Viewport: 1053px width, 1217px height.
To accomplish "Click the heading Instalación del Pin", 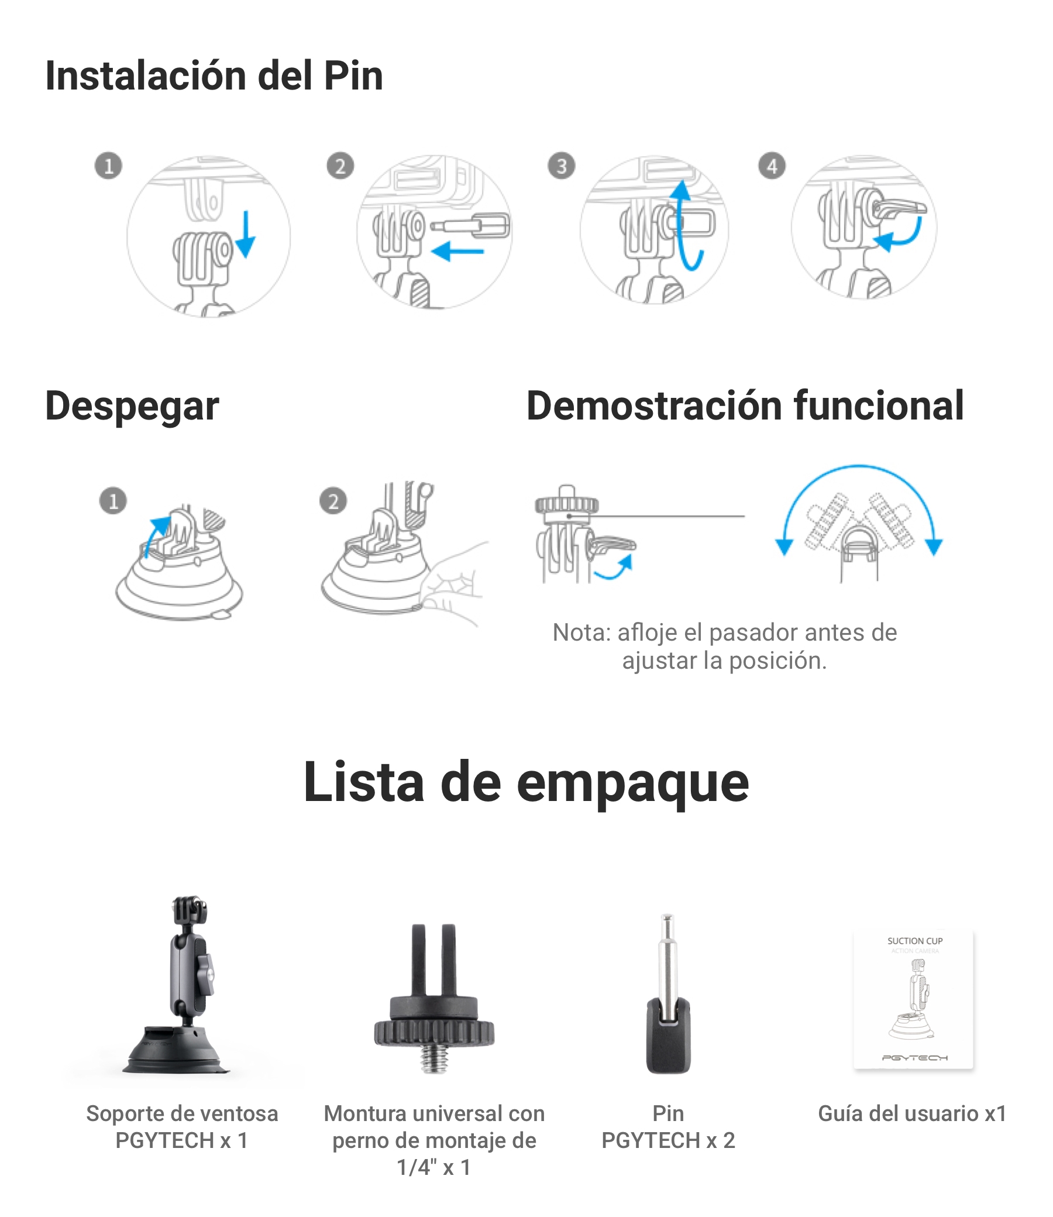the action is point(214,77).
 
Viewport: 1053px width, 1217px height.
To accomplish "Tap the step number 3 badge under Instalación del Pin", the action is point(561,166).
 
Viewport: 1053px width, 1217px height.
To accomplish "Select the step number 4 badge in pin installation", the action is point(772,166).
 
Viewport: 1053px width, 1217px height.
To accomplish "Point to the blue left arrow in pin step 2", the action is point(457,252).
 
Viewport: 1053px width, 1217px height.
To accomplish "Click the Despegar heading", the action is point(132,407).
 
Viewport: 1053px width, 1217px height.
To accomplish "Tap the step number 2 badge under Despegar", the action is point(333,501).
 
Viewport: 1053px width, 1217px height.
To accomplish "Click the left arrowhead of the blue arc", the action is point(784,546).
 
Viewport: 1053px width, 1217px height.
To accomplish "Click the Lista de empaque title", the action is point(526,782).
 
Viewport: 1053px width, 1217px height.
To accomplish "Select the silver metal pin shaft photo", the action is point(667,964).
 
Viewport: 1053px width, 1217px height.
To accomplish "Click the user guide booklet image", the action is point(914,999).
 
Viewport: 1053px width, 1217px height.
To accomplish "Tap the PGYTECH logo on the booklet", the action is point(915,1058).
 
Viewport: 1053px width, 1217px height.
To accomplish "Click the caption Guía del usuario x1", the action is point(913,1113).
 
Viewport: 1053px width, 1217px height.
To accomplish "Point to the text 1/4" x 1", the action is point(434,1168).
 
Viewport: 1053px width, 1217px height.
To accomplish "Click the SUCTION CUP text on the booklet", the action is point(915,941).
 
